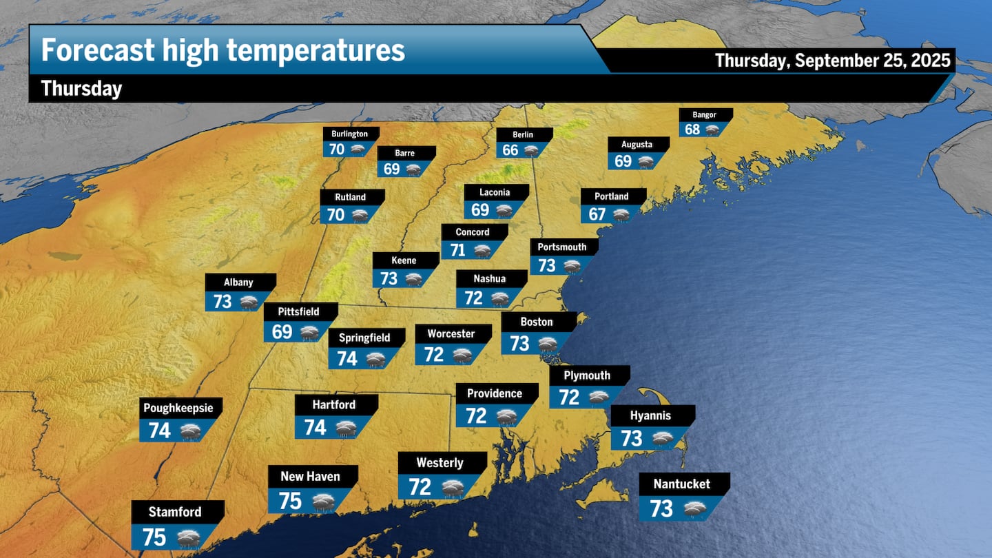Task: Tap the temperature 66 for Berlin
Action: click(x=510, y=151)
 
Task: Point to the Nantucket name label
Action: click(x=681, y=484)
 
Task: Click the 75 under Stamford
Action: click(x=154, y=537)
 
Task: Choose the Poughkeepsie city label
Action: click(x=178, y=408)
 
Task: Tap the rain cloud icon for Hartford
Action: click(x=346, y=428)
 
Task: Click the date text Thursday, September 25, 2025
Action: click(x=833, y=61)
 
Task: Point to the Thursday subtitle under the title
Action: click(x=81, y=89)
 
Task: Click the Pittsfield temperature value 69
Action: click(x=282, y=332)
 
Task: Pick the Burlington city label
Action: click(x=349, y=134)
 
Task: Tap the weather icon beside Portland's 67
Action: click(x=621, y=215)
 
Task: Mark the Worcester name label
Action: click(x=451, y=334)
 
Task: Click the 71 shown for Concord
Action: click(x=458, y=250)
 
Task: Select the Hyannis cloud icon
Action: click(x=663, y=439)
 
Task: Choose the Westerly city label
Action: click(x=440, y=463)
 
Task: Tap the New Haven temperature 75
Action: click(x=291, y=501)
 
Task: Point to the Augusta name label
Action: click(x=637, y=145)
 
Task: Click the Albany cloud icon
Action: click(x=248, y=302)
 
